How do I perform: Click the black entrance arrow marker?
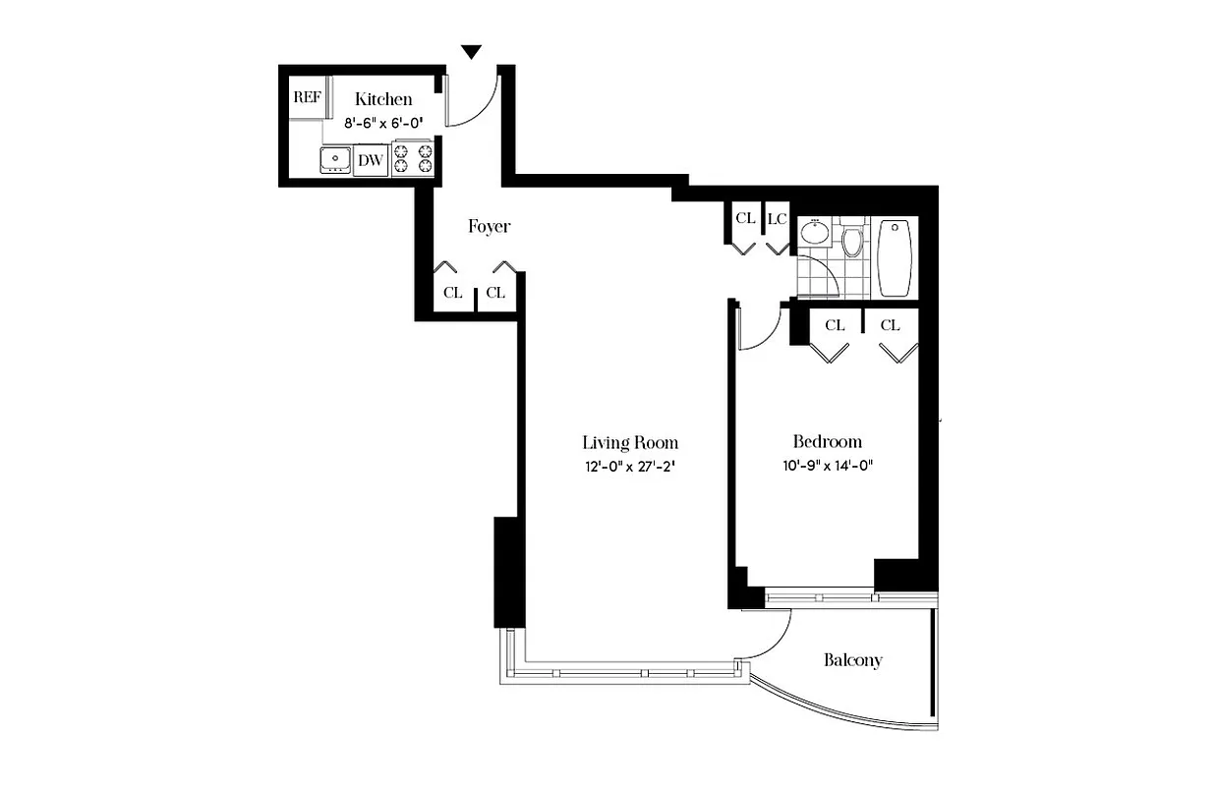472,52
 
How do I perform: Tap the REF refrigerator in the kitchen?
308,97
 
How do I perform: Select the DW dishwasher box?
370,160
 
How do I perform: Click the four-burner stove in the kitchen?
413,159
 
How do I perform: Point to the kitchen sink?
336,159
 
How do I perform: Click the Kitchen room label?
383,99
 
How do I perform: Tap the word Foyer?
489,227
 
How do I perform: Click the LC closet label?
777,218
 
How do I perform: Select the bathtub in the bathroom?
895,257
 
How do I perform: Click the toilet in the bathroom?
851,241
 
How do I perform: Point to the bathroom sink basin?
814,234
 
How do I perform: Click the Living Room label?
630,442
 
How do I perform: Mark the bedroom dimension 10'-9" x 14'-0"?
828,466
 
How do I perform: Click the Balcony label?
852,660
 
